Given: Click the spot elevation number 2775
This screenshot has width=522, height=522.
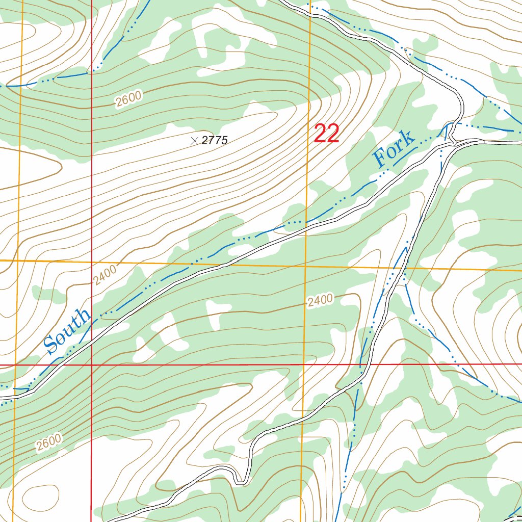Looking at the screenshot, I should coord(215,141).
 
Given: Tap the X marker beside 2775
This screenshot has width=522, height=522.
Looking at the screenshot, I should coord(194,141).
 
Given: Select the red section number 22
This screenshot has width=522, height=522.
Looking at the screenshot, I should coord(327,134).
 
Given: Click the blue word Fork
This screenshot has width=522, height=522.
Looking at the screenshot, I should coord(394,149).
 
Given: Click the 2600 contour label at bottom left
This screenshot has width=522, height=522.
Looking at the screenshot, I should coord(49,442).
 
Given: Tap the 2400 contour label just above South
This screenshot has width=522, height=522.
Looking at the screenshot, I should coord(105,275).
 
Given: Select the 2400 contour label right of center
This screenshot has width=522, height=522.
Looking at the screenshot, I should coord(320,301).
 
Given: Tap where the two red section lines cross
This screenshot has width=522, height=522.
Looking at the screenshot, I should coord(92,365).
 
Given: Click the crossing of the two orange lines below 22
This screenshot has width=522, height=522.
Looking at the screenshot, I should coord(305,266).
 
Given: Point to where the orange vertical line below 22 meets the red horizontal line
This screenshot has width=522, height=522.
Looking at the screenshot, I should coord(303,365).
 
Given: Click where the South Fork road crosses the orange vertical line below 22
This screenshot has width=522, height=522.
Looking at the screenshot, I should coord(306,229).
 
